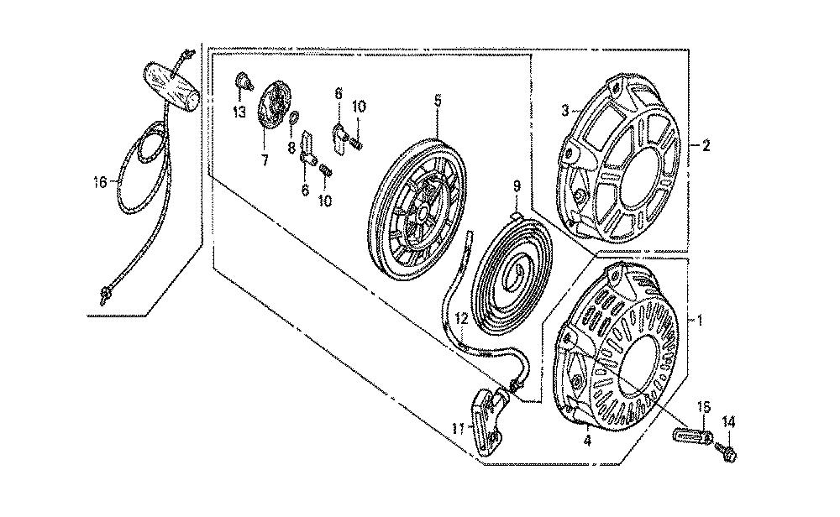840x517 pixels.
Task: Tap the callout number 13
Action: coord(239,112)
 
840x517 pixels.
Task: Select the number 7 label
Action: coord(265,160)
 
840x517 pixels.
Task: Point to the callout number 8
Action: coord(291,147)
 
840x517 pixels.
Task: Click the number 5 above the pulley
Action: coord(438,101)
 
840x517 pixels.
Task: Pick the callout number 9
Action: coord(517,187)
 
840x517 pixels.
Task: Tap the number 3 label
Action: coord(564,111)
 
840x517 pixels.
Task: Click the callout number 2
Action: coord(706,145)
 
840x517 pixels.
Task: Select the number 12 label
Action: coord(462,319)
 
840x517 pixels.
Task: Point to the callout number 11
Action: coord(457,427)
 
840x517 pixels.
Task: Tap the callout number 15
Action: coord(703,407)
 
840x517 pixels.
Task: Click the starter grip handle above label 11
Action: coord(489,420)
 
